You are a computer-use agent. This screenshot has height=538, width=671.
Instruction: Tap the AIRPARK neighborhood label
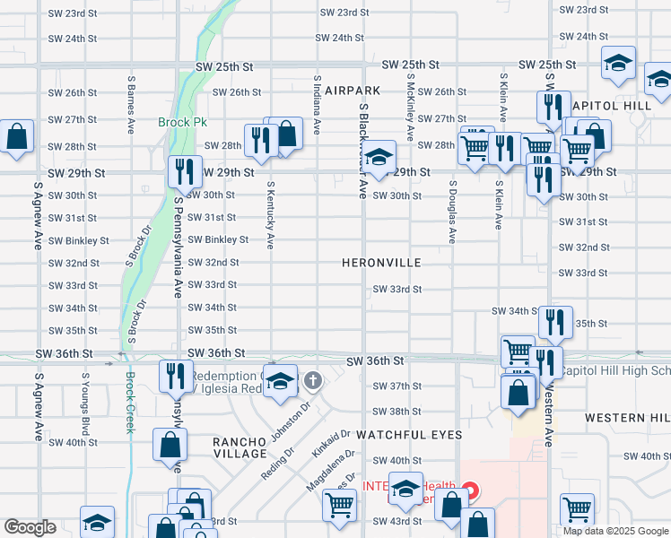pyautogui.click(x=353, y=91)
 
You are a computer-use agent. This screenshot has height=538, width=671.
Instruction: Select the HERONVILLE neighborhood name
pyautogui.click(x=381, y=263)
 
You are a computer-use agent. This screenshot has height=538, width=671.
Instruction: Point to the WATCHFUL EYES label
pyautogui.click(x=408, y=435)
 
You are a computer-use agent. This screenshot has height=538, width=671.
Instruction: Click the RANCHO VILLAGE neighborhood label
pyautogui.click(x=240, y=448)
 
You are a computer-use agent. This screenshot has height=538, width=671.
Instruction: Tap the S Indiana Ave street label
pyautogui.click(x=317, y=105)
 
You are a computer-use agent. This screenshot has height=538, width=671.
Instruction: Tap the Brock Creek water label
pyautogui.click(x=130, y=403)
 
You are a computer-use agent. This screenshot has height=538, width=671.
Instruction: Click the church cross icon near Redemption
pyautogui.click(x=313, y=381)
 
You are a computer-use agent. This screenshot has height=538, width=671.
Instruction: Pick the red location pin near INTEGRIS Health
pyautogui.click(x=470, y=490)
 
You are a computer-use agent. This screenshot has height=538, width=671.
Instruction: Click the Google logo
pyautogui.click(x=30, y=527)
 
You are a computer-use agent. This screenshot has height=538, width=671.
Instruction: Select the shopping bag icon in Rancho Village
pyautogui.click(x=170, y=444)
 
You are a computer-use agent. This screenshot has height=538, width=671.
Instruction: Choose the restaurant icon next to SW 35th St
pyautogui.click(x=555, y=321)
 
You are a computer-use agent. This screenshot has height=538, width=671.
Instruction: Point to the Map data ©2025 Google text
pyautogui.click(x=614, y=530)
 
